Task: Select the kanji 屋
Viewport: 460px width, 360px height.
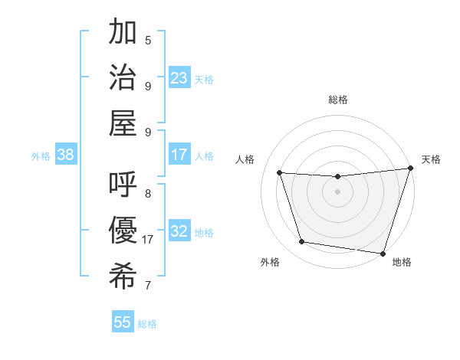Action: coord(123,123)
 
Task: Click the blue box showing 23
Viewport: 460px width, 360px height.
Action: coord(179,77)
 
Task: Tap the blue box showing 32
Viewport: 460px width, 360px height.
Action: coord(179,231)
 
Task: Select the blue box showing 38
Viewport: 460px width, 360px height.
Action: coord(66,155)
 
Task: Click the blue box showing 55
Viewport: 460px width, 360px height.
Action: coord(123,322)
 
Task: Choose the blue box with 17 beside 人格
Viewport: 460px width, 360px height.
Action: coord(179,155)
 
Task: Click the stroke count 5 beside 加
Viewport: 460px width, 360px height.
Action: coord(148,40)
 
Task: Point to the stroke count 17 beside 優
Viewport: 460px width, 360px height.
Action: coord(148,240)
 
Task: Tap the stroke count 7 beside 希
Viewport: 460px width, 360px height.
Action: coord(148,286)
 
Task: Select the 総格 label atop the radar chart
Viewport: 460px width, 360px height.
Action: coord(337,100)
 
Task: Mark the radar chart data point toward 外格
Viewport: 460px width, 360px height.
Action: coord(301,242)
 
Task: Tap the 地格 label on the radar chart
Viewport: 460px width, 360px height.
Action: coord(402,262)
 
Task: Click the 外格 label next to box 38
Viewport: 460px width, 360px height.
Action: coord(41,155)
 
